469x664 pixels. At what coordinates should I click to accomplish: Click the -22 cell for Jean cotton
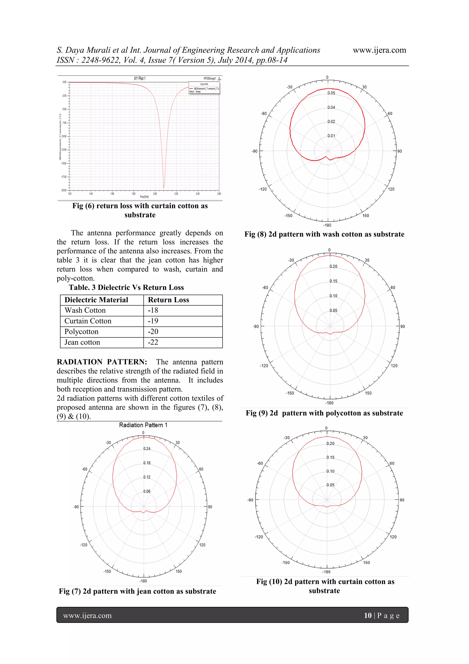[x=153, y=342]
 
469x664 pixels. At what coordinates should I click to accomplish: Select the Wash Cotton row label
[x=85, y=310]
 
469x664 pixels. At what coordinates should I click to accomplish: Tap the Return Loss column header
[x=169, y=300]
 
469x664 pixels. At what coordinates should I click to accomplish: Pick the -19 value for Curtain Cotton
[x=153, y=321]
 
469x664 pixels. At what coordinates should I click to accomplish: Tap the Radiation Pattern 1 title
[x=143, y=425]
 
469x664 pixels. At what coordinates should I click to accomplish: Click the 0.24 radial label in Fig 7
[x=147, y=449]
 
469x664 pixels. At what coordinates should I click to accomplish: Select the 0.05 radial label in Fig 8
[x=331, y=93]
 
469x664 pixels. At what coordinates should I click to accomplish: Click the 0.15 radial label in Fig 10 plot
[x=330, y=457]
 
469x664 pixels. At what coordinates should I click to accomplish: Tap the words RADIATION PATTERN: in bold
[x=102, y=362]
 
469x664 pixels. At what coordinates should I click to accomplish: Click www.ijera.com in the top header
[x=379, y=50]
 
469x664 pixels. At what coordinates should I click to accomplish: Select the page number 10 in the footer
[x=368, y=615]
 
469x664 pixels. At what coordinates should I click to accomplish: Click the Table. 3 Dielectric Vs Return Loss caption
[x=126, y=287]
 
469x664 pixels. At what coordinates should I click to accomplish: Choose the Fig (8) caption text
[x=324, y=234]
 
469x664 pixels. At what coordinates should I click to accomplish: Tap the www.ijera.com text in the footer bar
[x=87, y=615]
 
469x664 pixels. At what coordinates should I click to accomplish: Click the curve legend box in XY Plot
[x=204, y=88]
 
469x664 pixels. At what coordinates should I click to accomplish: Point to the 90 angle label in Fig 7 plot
[x=210, y=507]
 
